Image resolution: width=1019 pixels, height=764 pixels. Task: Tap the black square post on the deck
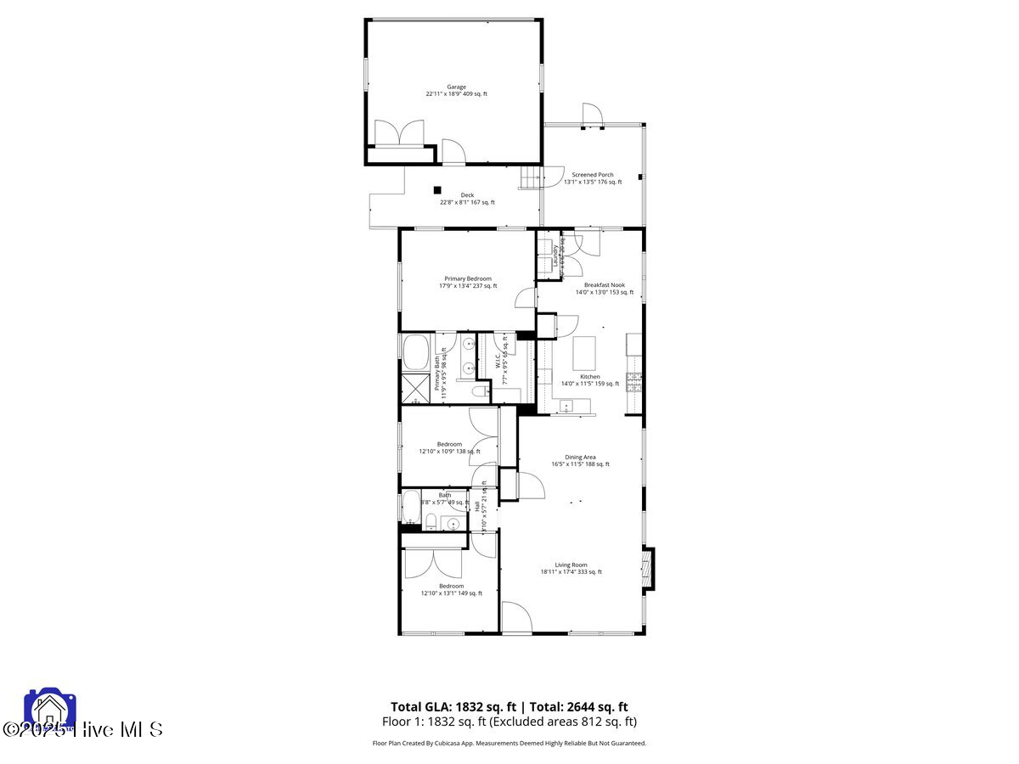[438, 190]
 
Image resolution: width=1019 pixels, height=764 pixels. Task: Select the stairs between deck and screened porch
[530, 177]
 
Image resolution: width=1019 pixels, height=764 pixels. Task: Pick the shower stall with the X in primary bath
[416, 389]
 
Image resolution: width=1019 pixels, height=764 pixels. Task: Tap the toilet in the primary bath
[480, 391]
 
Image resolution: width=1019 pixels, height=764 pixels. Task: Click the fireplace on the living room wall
[648, 569]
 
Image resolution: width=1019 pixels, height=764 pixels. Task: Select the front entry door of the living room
[516, 617]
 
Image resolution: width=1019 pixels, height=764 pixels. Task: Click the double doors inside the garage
[399, 134]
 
